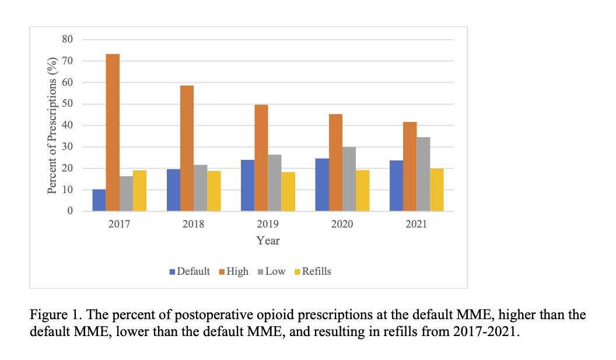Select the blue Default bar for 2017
99,200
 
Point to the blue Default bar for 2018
173,190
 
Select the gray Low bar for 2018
200,188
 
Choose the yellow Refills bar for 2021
436,190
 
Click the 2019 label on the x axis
268,224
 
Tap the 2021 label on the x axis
416,224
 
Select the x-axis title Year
268,240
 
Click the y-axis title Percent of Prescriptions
52,125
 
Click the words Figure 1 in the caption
52,315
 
